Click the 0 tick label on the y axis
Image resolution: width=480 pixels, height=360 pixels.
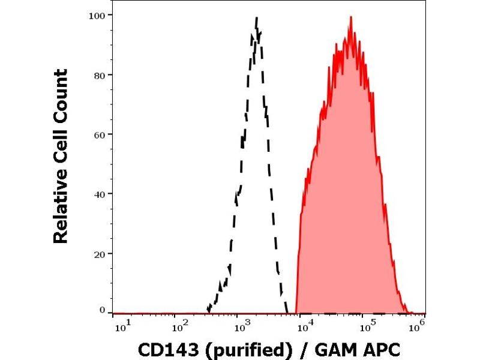tap(103, 310)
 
